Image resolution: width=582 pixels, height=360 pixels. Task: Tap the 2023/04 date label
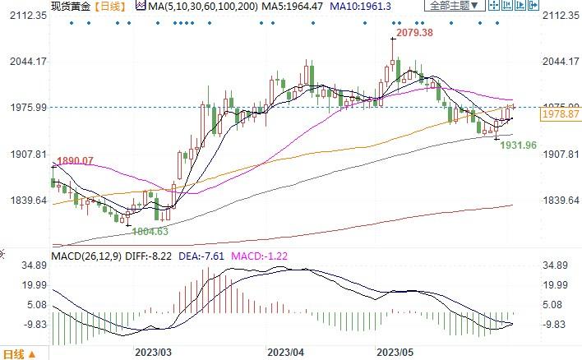tap(285, 352)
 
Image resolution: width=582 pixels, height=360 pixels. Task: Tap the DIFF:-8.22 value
tap(152, 255)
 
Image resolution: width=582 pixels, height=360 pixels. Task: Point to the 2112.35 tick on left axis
tap(24, 15)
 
